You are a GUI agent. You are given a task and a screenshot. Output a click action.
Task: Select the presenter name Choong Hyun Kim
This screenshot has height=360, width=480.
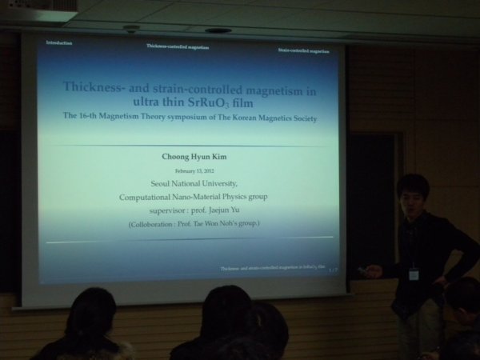tap(194, 158)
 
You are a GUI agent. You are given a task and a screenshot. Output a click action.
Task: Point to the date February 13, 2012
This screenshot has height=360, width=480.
tap(194, 171)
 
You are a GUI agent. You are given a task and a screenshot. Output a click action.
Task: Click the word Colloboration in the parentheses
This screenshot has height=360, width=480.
tap(155, 225)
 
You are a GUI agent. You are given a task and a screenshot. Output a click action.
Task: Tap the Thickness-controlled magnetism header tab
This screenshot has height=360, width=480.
tap(178, 46)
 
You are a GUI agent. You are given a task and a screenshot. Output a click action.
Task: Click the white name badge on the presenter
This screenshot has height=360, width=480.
tap(413, 274)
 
